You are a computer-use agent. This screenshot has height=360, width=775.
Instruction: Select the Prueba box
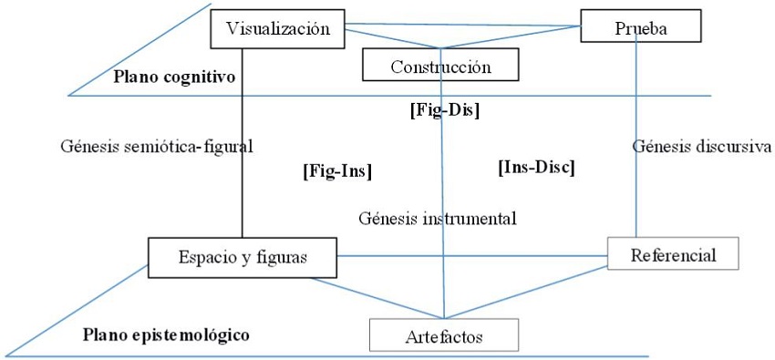pos(642,27)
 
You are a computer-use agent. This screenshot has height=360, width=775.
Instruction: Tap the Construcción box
pos(440,66)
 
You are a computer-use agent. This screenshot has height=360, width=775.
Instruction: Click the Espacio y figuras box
pos(242,257)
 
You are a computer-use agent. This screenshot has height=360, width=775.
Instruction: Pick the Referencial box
pos(673,254)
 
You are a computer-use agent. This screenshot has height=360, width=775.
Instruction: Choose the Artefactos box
pos(443,336)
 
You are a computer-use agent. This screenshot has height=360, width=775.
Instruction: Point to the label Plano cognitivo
pos(175,76)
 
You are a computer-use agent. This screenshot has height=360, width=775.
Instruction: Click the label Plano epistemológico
pos(166,334)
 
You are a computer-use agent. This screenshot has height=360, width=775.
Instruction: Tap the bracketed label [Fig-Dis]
pos(439,111)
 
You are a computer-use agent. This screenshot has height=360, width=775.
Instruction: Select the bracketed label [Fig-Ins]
pos(336,169)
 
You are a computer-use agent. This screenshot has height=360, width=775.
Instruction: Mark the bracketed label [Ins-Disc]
pos(536,167)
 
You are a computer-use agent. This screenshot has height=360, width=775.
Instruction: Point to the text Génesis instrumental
pos(438,218)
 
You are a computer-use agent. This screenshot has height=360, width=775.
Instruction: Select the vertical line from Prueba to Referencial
pos(635,182)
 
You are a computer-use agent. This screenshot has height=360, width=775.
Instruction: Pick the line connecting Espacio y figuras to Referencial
pos(474,255)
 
